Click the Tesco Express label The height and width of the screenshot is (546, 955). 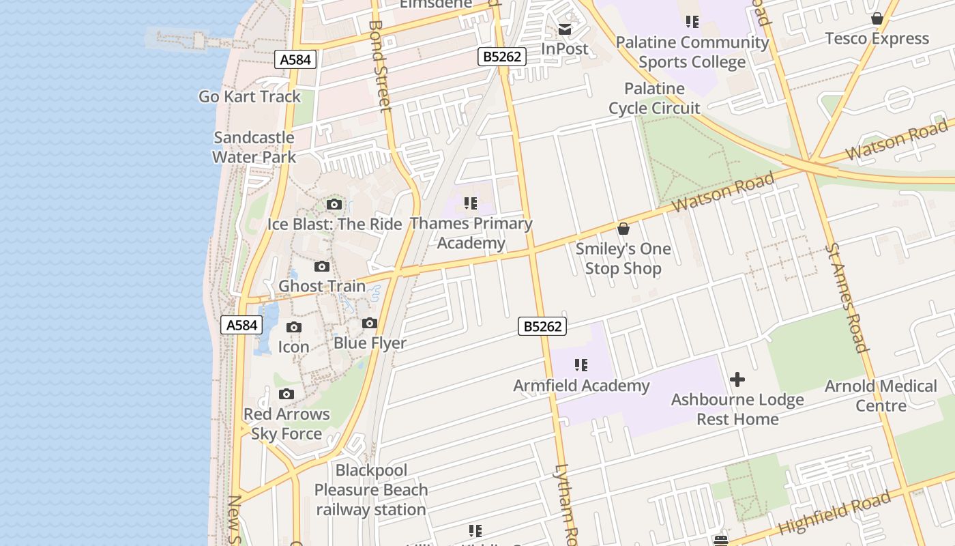[877, 38]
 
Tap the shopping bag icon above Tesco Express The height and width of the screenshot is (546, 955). [877, 18]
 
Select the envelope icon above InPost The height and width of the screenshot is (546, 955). [565, 29]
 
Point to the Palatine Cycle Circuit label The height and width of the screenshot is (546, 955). [654, 98]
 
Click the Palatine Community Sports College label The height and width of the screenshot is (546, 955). [692, 52]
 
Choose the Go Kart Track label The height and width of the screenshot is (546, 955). [250, 96]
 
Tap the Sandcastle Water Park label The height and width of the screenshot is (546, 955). [254, 147]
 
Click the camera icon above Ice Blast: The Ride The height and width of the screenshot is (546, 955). [334, 204]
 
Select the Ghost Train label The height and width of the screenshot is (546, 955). [322, 286]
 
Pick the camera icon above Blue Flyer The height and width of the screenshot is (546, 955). [370, 323]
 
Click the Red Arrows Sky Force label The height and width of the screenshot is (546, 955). [286, 424]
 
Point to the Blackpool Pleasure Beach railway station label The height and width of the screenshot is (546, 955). [371, 490]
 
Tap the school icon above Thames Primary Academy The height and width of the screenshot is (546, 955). [470, 203]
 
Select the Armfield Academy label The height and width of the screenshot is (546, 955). [581, 386]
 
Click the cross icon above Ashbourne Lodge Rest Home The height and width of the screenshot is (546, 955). [737, 379]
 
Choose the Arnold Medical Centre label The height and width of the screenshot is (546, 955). [881, 396]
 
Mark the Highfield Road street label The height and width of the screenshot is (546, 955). [834, 513]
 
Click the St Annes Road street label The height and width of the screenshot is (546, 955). [846, 298]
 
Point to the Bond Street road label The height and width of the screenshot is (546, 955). [380, 66]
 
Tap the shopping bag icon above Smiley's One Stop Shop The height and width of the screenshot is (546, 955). [623, 229]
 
